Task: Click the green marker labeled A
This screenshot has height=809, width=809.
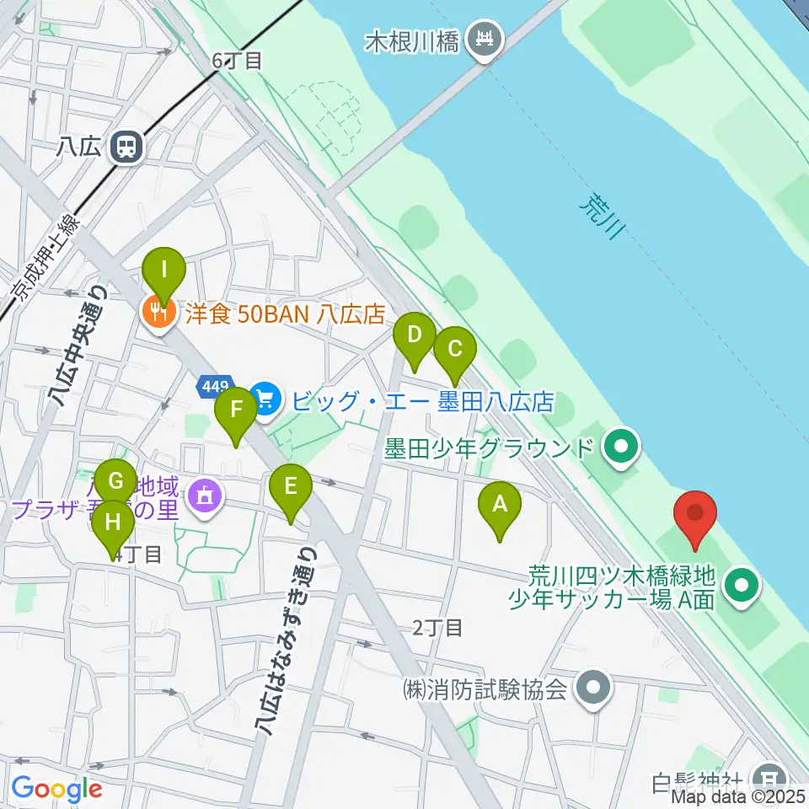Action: [x=500, y=505]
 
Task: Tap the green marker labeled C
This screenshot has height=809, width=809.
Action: [x=455, y=349]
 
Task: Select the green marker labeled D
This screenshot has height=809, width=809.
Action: [x=415, y=335]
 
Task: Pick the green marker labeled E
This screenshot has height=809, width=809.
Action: [x=291, y=487]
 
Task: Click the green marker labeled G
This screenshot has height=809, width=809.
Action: [x=116, y=483]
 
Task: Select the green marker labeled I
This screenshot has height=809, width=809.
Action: [x=164, y=271]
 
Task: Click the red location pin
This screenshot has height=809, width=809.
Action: [x=695, y=513]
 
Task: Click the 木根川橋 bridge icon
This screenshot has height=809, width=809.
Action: [x=486, y=39]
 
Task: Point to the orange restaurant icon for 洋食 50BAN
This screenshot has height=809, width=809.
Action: [x=158, y=314]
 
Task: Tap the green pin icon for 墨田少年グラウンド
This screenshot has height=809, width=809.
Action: [x=622, y=446]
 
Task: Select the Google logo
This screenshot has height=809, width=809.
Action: [x=56, y=790]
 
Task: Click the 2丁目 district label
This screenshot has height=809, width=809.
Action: [x=437, y=628]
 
